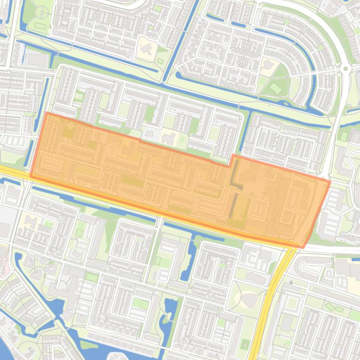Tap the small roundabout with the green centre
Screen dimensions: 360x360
pos(346,69)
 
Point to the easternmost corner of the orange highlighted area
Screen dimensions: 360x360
pos(330,181)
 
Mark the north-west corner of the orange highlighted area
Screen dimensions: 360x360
pos(47,113)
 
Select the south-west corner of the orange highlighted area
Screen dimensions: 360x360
pos(30,176)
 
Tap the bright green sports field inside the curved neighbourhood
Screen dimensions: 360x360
pos(275,87)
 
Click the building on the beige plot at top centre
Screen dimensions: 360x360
pos(146,48)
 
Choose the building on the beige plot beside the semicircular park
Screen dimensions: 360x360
pos(268,64)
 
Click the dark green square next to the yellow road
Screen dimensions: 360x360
pos(245,345)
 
